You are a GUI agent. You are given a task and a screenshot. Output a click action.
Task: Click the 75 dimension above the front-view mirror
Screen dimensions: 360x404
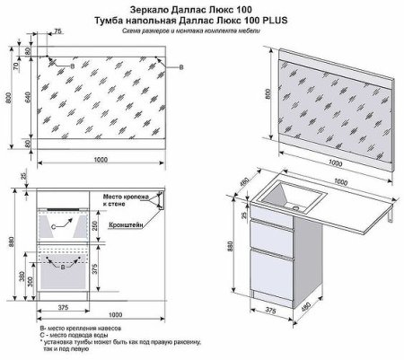coord(57,31)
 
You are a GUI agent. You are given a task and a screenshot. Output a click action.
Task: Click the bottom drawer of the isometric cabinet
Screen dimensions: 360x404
coord(269,274)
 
